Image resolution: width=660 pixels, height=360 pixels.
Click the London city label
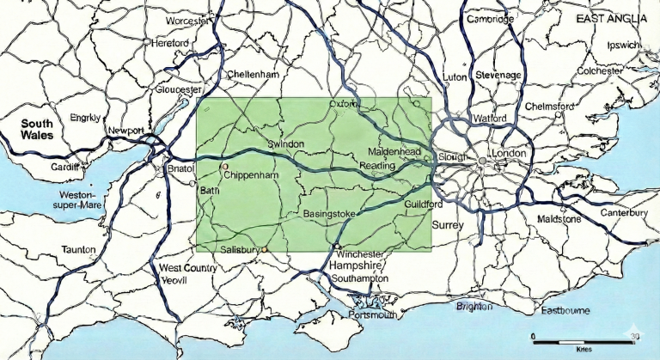510,153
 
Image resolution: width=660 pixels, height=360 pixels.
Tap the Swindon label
286,143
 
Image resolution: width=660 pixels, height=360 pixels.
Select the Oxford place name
342,104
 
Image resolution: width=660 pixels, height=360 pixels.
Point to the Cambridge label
490,19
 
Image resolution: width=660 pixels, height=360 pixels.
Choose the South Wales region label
38,130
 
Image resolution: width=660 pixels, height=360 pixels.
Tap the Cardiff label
64,167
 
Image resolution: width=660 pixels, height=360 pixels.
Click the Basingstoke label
330,212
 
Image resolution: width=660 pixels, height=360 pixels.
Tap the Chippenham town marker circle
225,166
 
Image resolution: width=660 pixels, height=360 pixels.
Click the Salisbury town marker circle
266,250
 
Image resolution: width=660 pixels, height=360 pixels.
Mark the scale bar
584,341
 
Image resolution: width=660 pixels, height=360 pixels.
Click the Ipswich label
624,45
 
